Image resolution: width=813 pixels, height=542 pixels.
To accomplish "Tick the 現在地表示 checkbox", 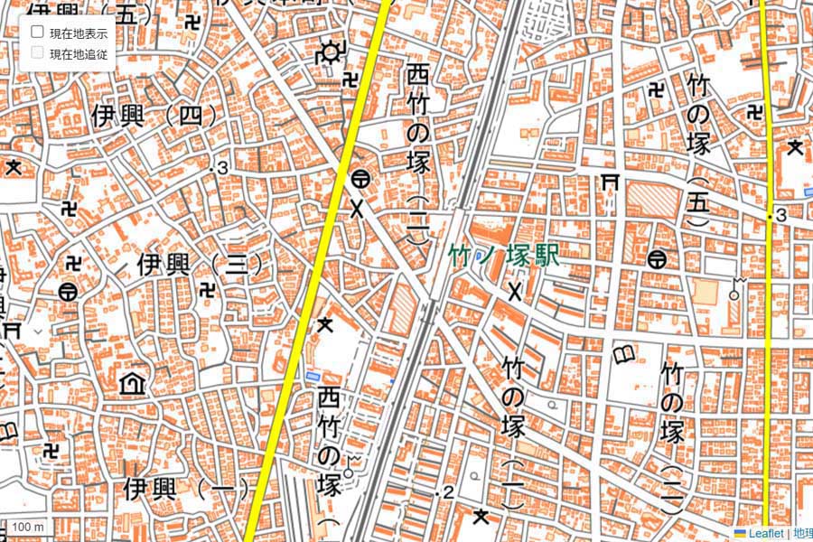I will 38,32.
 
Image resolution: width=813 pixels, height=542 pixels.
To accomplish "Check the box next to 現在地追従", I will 38,52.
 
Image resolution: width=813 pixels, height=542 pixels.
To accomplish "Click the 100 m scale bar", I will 28,527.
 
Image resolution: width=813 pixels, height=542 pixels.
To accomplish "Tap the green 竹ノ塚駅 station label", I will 504,256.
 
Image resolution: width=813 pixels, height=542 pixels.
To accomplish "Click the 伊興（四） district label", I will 155,116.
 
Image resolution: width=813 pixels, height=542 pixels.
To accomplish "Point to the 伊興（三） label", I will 200,264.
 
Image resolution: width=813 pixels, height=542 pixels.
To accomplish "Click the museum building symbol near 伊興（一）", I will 133,384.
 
